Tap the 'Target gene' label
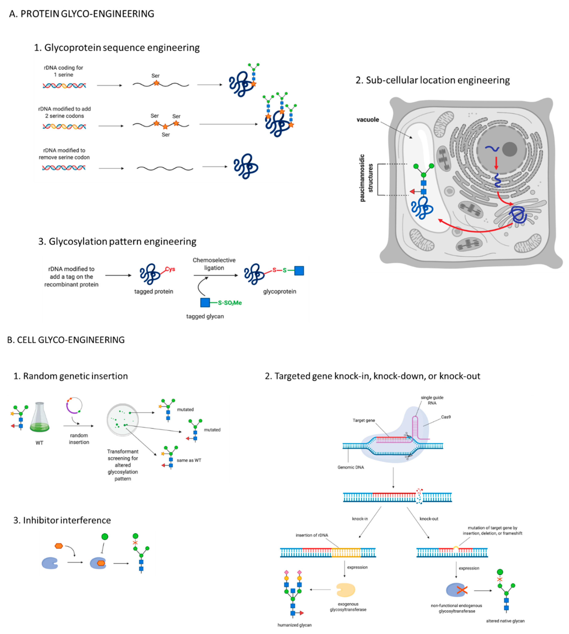tap(364, 420)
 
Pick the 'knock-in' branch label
tap(360, 519)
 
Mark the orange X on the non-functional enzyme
tap(462, 590)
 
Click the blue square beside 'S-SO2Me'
tap(205, 303)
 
